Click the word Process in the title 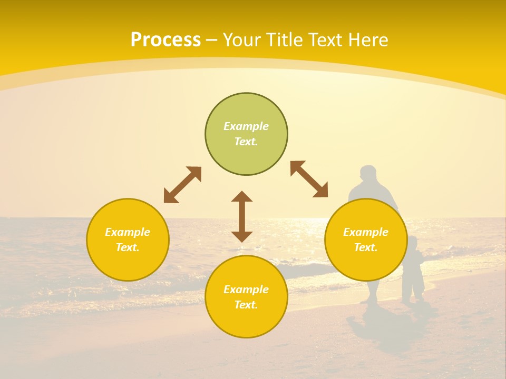[x=166, y=40]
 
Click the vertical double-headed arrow [x=242, y=216]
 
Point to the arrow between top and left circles [x=182, y=185]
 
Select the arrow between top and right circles [x=309, y=179]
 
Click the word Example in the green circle [x=246, y=126]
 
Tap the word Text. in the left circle [x=128, y=247]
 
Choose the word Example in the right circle [x=366, y=232]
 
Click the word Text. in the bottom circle [x=246, y=305]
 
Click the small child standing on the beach [x=413, y=271]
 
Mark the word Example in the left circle [x=128, y=232]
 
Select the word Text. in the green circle [x=246, y=142]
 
